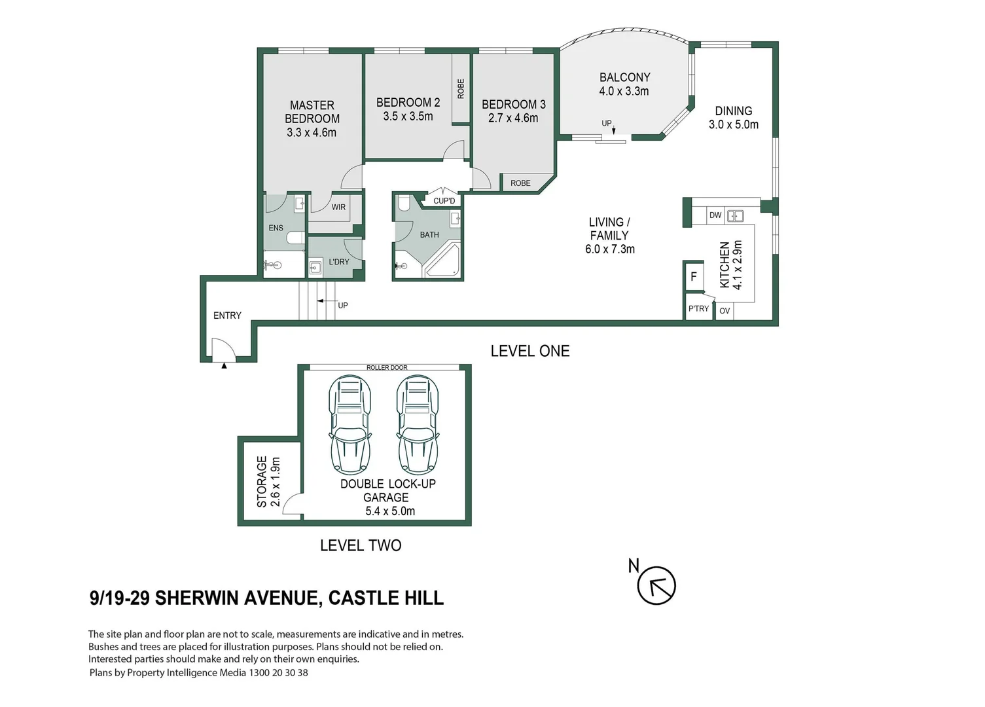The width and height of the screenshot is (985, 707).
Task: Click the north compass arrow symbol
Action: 656,585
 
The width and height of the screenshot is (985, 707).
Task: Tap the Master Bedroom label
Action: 312,112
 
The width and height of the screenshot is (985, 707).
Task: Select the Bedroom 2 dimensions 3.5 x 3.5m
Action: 408,117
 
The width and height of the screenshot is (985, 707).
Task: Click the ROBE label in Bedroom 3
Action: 520,183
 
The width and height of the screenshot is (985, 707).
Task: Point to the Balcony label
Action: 624,77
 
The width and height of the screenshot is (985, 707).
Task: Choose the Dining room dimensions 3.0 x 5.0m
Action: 733,124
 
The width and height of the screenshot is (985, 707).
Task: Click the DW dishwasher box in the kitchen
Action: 715,215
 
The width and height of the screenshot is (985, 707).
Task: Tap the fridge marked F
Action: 694,277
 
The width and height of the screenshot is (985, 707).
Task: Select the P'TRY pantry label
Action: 698,309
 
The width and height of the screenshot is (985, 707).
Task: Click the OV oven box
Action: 725,311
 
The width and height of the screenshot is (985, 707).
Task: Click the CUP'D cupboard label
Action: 444,201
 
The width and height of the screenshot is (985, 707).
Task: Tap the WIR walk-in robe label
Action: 338,208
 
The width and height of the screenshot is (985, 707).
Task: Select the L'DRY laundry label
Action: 339,262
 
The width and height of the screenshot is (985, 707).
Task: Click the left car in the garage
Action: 350,424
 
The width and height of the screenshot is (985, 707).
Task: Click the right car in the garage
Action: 418,424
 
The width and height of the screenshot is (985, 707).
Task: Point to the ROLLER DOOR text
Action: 387,368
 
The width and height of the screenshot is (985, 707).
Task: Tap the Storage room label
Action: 268,482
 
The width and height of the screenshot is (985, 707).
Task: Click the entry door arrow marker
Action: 224,366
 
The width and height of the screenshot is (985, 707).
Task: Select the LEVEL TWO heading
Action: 361,545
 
